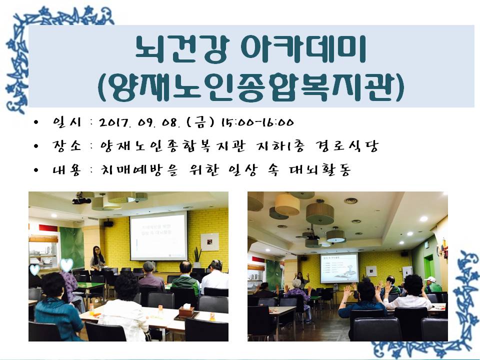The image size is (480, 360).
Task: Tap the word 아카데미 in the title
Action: click(x=303, y=49)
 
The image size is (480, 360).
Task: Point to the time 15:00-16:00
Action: click(x=257, y=122)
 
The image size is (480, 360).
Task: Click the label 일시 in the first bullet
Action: click(x=66, y=122)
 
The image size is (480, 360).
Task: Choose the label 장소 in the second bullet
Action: click(x=66, y=145)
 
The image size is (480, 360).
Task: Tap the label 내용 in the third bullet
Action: click(x=66, y=169)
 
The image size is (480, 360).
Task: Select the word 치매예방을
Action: click(x=139, y=170)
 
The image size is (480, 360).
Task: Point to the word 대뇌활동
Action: click(x=319, y=170)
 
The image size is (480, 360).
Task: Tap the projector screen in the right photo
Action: click(x=339, y=268)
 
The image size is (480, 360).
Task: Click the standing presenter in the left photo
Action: click(x=98, y=259)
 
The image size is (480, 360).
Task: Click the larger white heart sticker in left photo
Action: click(x=66, y=264)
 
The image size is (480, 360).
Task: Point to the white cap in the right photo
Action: click(x=430, y=279)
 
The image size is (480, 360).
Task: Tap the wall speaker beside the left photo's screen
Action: click(x=108, y=223)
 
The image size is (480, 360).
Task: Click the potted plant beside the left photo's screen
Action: click(x=197, y=257)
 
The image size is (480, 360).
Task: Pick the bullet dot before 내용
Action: click(x=36, y=170)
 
